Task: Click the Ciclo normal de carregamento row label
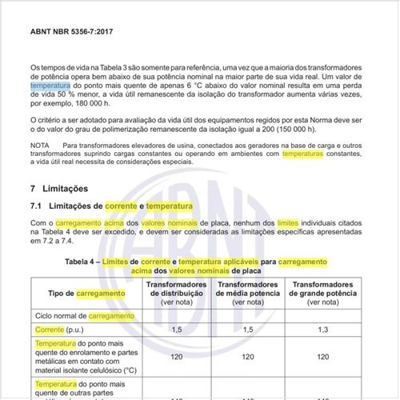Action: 78,315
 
